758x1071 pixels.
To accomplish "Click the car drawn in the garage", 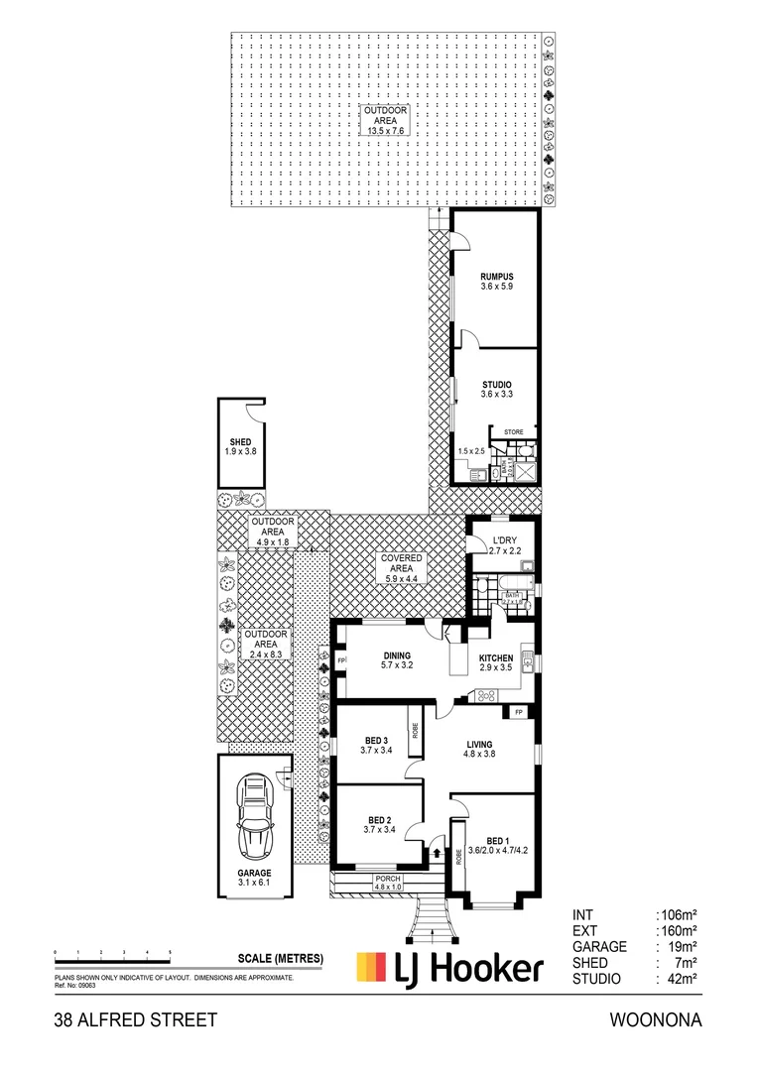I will pyautogui.click(x=255, y=816).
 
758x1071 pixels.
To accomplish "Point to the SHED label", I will pyautogui.click(x=239, y=442).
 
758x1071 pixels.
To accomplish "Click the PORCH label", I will pyautogui.click(x=388, y=880).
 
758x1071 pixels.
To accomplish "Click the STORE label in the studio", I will pyautogui.click(x=513, y=432).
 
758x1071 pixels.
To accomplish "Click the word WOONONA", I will pyautogui.click(x=656, y=1020).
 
